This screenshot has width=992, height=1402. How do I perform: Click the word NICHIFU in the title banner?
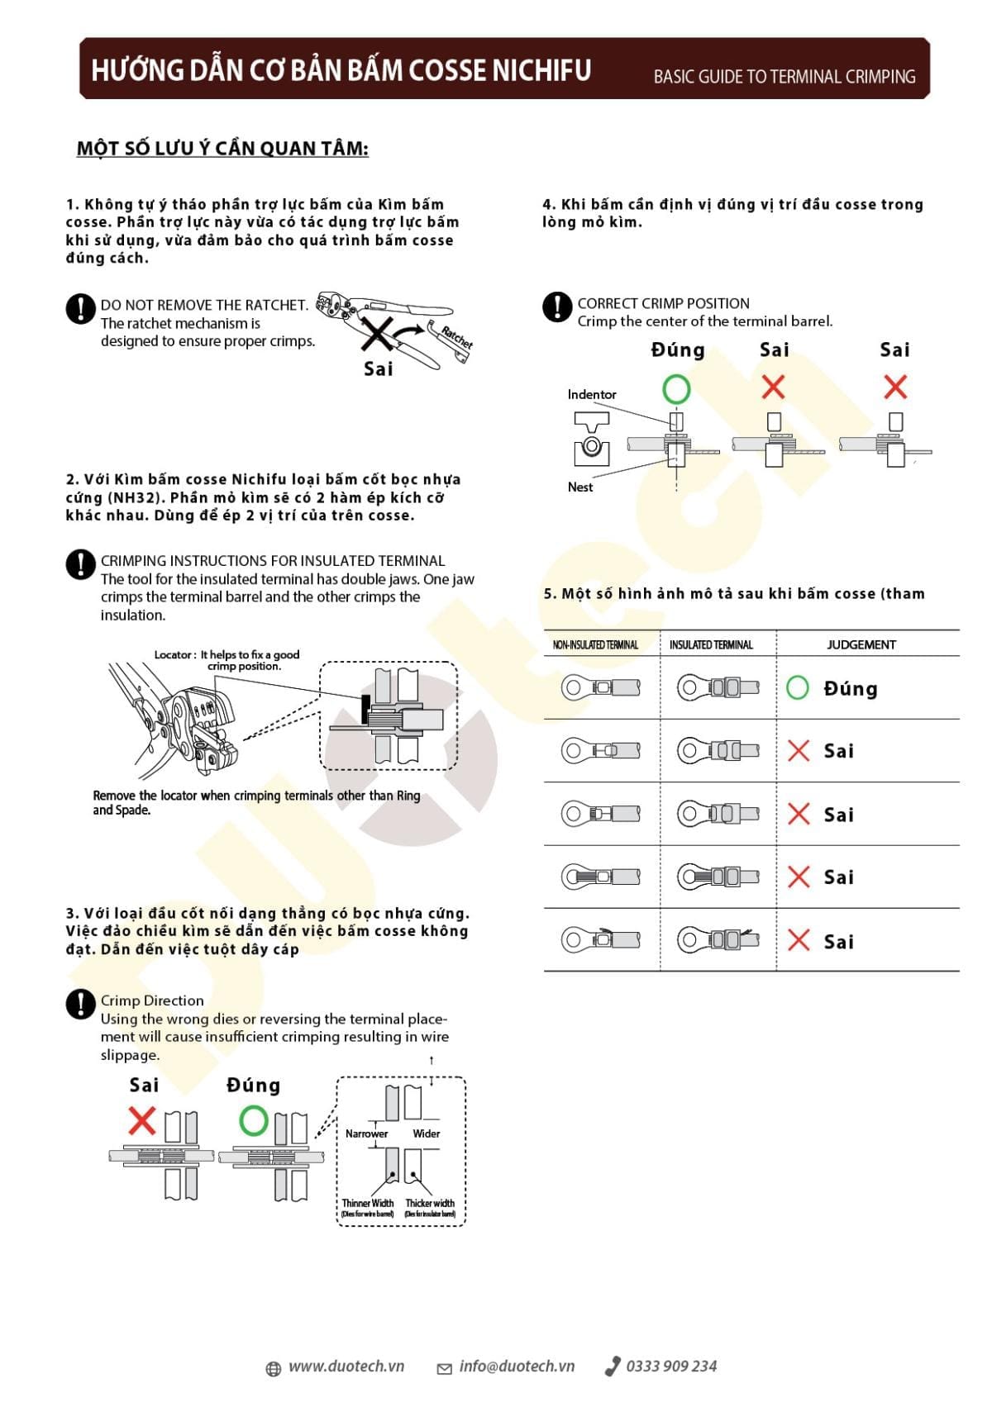541,70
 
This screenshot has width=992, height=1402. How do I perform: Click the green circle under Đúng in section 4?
676,388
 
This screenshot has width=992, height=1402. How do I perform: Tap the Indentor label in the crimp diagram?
591,395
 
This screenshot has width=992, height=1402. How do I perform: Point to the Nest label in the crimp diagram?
579,487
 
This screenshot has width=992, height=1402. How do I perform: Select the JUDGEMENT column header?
861,644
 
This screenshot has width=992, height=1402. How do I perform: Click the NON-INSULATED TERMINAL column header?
595,645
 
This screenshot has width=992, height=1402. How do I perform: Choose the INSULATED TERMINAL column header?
711,645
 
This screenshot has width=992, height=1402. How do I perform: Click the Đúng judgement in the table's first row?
850,688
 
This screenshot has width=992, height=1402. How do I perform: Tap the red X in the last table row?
799,940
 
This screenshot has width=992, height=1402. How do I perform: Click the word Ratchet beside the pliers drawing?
456,337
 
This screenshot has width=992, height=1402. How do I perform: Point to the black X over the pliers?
376,335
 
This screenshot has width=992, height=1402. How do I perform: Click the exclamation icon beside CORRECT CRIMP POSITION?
557,307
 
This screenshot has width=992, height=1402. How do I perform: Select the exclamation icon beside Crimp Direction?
80,1004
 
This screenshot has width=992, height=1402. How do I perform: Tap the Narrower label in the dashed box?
366,1133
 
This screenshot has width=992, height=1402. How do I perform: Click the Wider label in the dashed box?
427,1133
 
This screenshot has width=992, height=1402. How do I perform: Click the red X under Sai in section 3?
142,1121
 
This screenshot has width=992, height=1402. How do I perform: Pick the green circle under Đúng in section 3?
254,1121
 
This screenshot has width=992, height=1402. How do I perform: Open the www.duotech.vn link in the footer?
346,1366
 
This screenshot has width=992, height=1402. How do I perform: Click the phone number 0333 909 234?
670,1366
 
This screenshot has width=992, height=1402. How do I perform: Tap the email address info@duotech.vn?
516,1366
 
